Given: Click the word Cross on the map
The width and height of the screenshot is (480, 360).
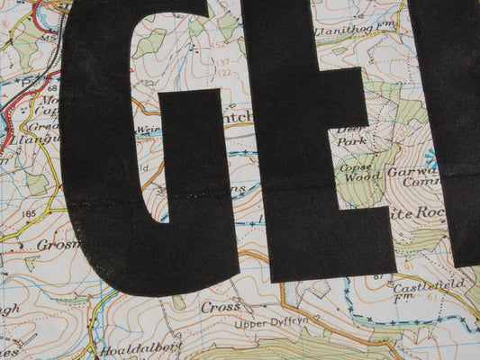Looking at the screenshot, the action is (220, 306).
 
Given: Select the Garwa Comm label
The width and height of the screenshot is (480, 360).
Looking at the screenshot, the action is (417, 173).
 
